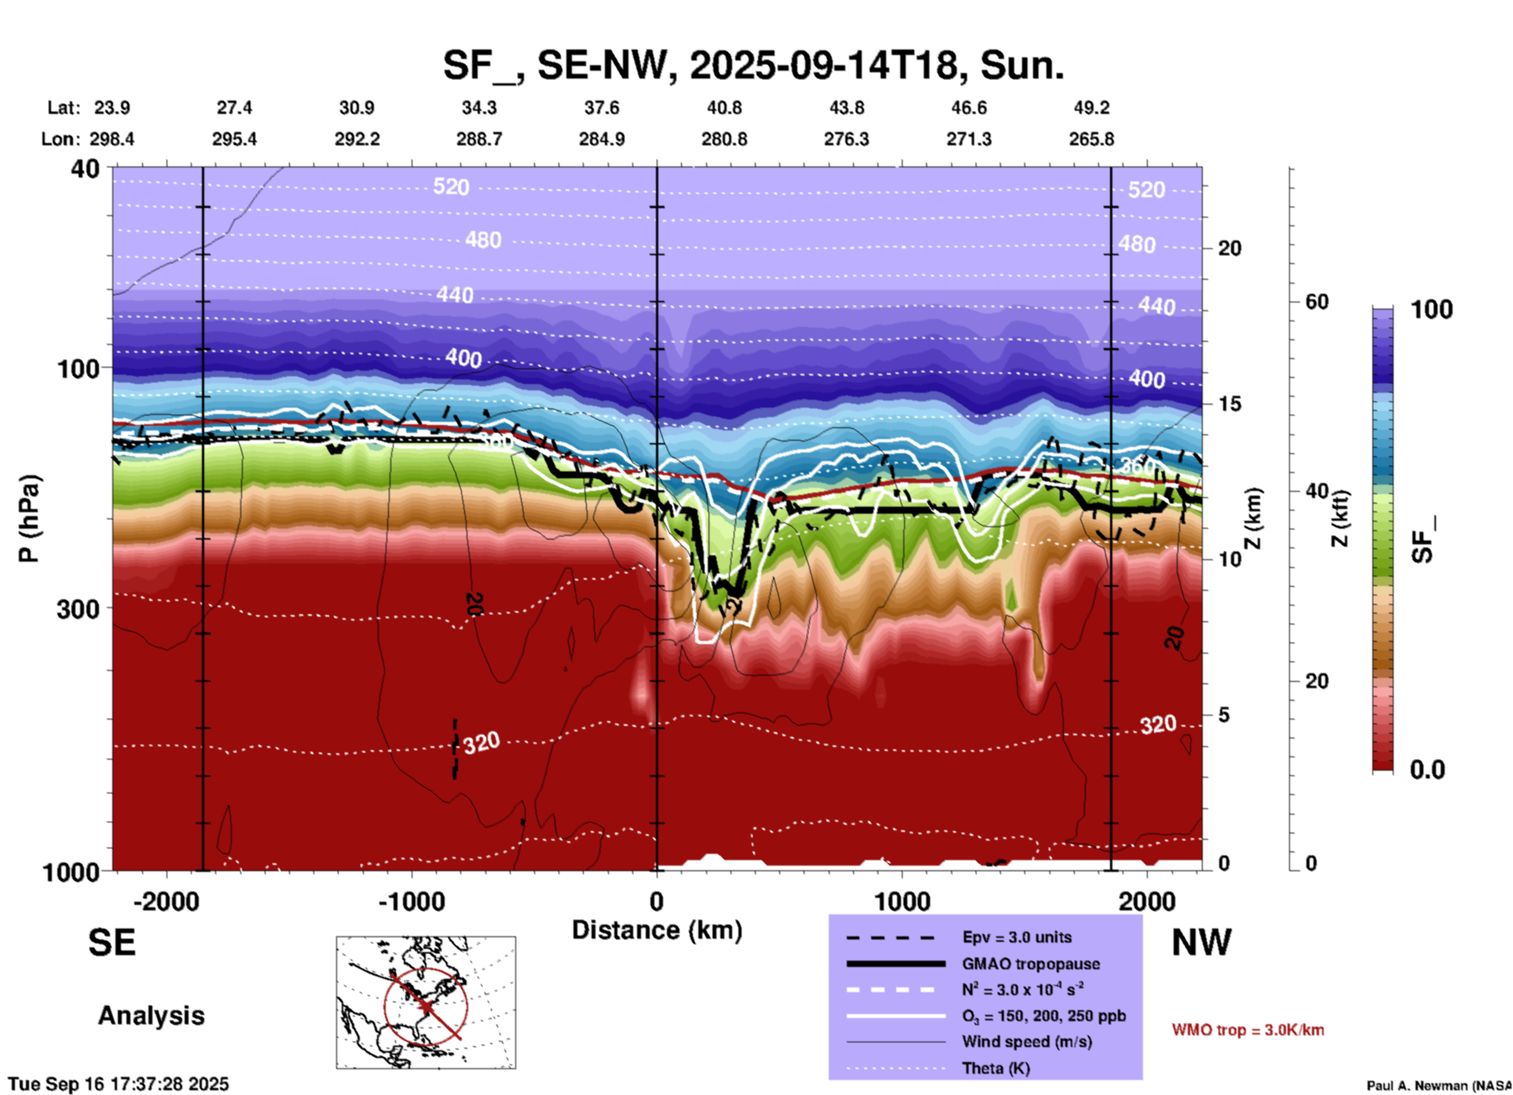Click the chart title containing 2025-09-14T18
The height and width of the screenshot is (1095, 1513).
tap(753, 65)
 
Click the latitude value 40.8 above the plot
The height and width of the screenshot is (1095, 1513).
tap(724, 108)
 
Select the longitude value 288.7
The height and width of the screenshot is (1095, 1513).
tap(479, 139)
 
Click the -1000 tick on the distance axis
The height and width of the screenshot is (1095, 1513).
tap(411, 902)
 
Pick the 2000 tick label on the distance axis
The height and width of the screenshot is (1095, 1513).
tap(1147, 902)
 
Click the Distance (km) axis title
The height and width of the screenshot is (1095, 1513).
tap(657, 930)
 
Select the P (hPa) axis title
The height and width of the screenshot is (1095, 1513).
tap(29, 518)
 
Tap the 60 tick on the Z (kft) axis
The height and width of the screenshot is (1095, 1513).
tap(1317, 302)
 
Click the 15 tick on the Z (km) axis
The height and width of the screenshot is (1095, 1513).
tap(1229, 404)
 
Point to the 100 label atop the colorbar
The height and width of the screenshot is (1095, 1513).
tap(1431, 309)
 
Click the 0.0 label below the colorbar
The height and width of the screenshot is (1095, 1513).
tap(1427, 770)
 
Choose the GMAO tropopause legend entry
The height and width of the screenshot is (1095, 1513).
tap(1031, 964)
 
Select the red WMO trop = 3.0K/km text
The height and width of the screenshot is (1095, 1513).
tap(1247, 1030)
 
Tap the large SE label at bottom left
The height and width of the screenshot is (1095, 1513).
tap(112, 943)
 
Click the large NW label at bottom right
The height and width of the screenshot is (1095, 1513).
tap(1201, 943)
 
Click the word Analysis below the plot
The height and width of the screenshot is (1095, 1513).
tap(151, 1016)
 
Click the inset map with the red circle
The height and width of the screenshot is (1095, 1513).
tap(426, 1002)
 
